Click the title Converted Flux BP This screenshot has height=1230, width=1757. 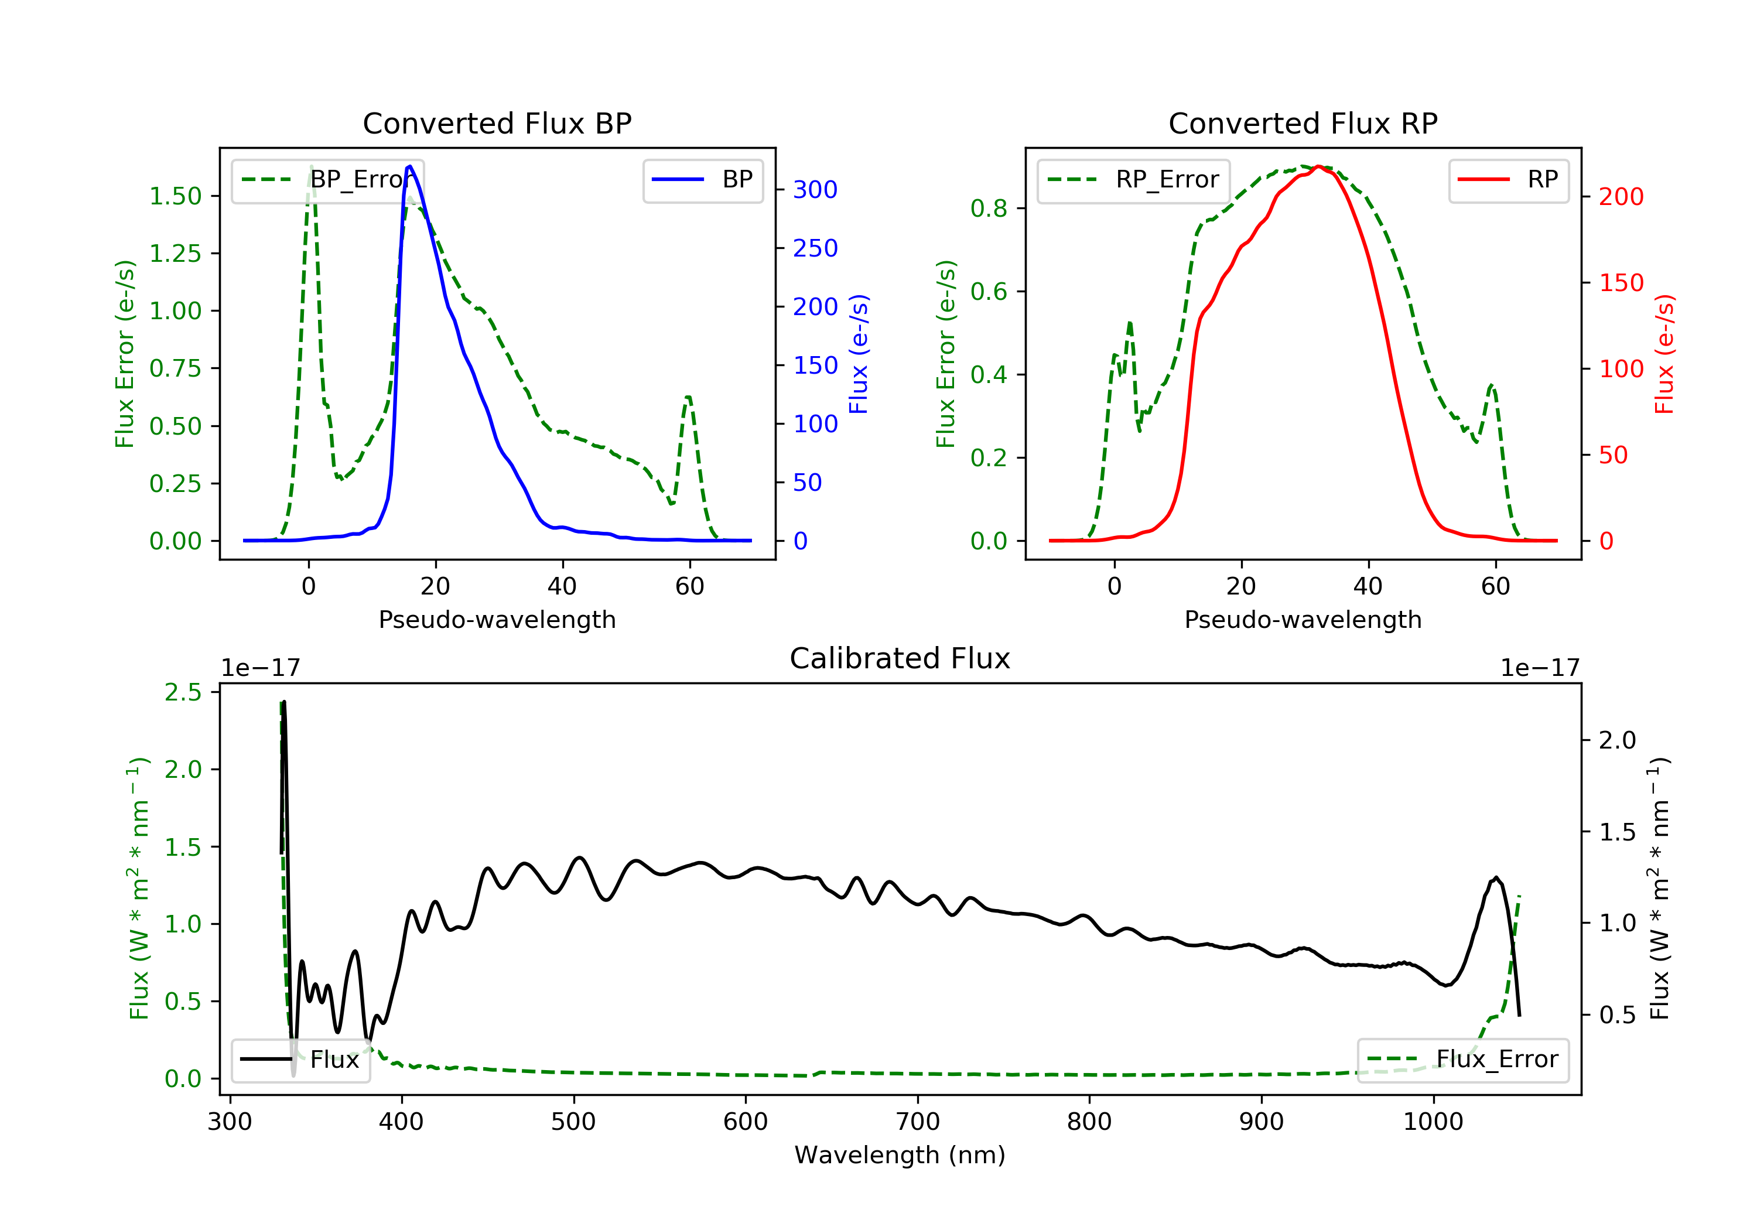[x=497, y=123]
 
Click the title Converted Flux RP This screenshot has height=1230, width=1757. [x=1303, y=123]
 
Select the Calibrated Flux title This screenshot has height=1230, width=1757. [x=900, y=658]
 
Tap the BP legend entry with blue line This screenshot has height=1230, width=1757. [x=702, y=180]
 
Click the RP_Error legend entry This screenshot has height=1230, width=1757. [x=1133, y=180]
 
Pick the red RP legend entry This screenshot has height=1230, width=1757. [x=1508, y=180]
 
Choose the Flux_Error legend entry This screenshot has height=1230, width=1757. [x=1462, y=1060]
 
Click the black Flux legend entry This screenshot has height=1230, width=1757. [x=300, y=1060]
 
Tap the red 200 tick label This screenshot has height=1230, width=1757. [x=1621, y=197]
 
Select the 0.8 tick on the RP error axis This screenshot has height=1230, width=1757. [x=989, y=208]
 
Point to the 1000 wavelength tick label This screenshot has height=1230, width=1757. [x=1433, y=1122]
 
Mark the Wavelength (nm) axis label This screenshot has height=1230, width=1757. [x=900, y=1155]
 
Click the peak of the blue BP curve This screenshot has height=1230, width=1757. [x=410, y=166]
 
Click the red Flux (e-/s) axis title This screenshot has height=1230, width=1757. [x=1664, y=354]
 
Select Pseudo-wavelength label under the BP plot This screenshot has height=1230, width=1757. [x=497, y=619]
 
